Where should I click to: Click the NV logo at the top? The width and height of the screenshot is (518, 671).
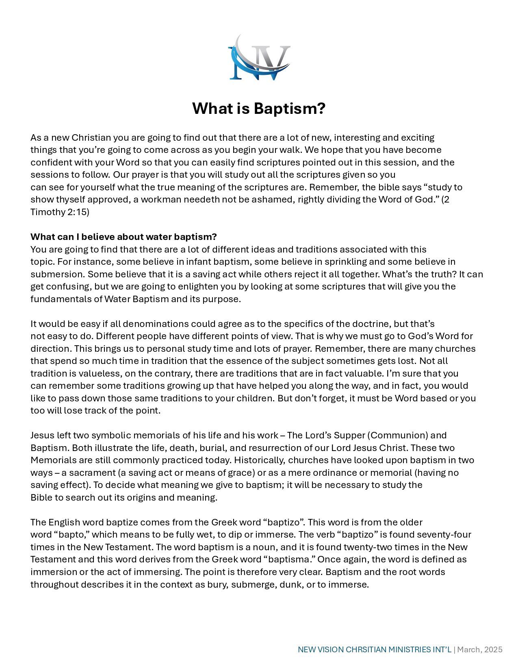pos(259,57)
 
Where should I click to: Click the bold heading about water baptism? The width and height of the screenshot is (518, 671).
pos(124,237)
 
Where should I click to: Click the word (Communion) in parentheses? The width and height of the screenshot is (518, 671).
pos(398,436)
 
